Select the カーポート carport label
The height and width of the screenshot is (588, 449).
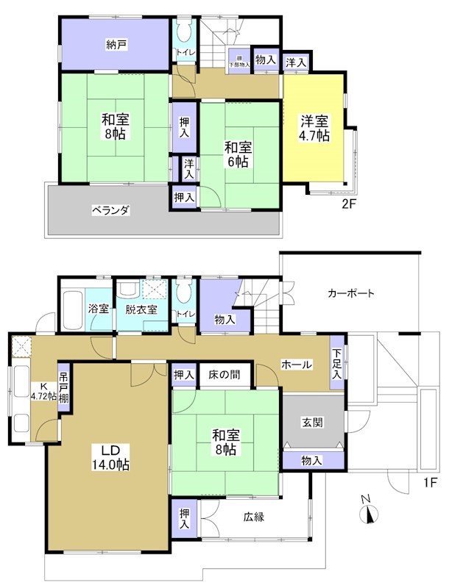[350, 293]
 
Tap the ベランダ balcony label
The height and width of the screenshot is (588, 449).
[110, 210]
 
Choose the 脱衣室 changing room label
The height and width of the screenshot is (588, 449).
[140, 309]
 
